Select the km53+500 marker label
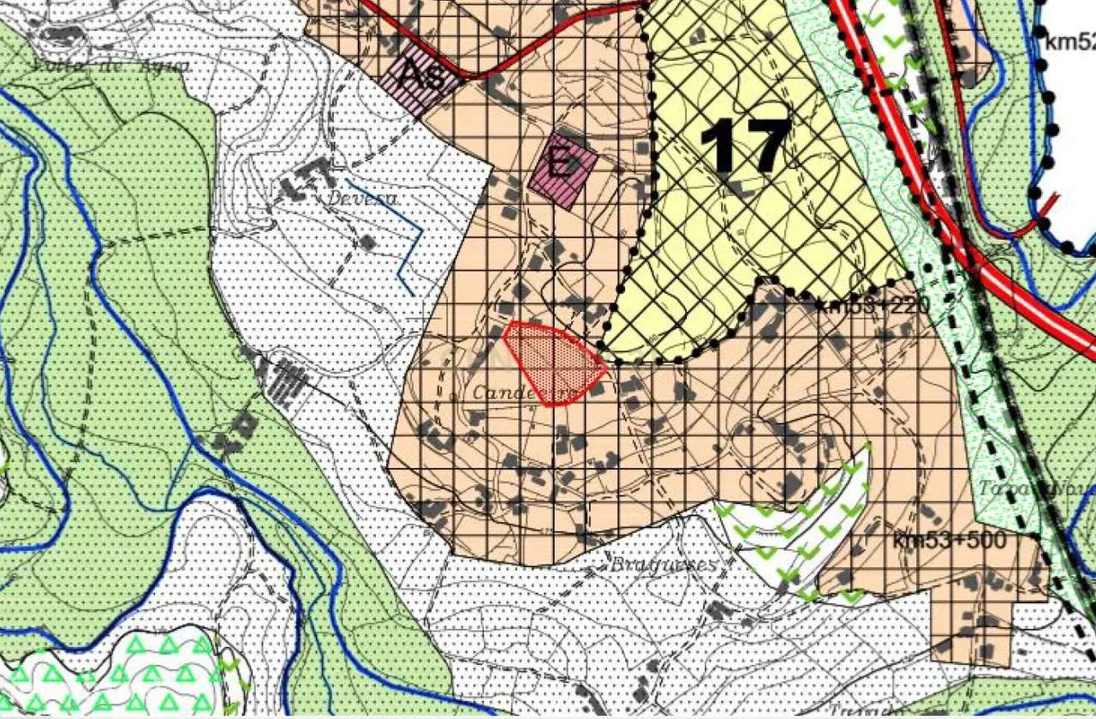(x=948, y=542)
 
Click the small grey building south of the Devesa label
(x=368, y=243)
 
